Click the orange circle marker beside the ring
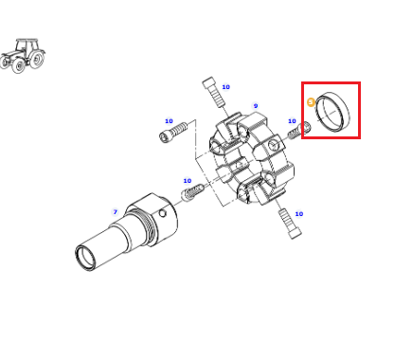point(311,102)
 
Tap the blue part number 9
point(256,106)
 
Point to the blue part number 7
point(116,212)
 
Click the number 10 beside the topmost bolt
point(225,87)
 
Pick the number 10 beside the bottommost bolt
point(298,214)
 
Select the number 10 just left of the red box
point(292,121)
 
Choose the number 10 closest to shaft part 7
point(188,181)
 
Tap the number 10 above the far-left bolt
point(169,121)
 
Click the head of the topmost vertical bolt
point(209,83)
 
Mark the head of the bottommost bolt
point(295,233)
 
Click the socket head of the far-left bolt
point(166,136)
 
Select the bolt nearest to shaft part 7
point(192,192)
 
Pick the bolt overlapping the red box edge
point(299,131)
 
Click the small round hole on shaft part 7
point(163,214)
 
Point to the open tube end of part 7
point(84,257)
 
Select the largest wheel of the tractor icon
point(37,60)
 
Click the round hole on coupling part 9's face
point(273,145)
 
